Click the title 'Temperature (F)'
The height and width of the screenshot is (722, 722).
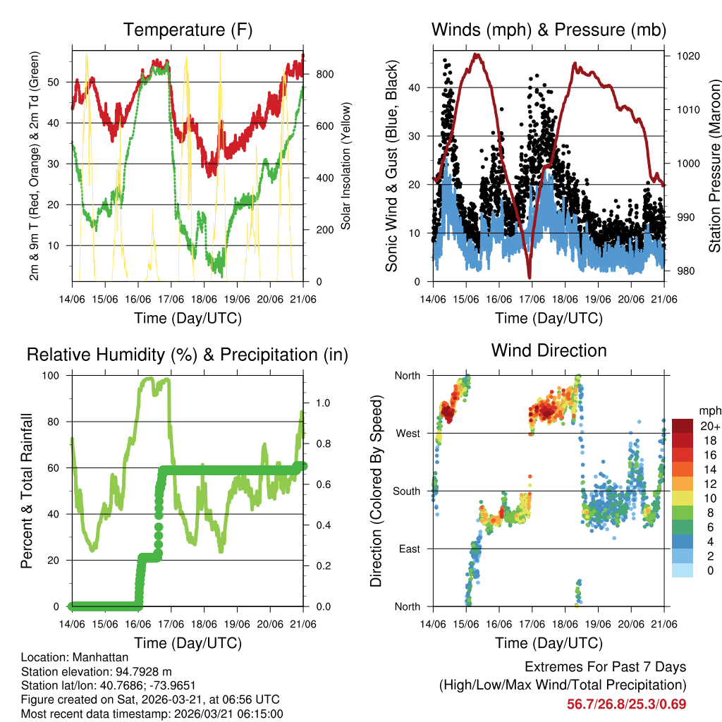[x=188, y=30]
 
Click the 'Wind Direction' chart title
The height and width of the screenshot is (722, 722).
[x=549, y=350]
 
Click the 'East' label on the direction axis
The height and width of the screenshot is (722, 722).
[x=408, y=549]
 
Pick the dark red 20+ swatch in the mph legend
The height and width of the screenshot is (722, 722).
[x=683, y=426]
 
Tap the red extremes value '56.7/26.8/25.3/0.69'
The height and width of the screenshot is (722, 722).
[x=626, y=704]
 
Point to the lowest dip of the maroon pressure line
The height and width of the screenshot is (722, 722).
[x=530, y=277]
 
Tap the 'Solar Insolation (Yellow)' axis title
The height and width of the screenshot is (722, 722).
[x=346, y=166]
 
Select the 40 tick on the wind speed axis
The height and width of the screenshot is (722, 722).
[x=417, y=88]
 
